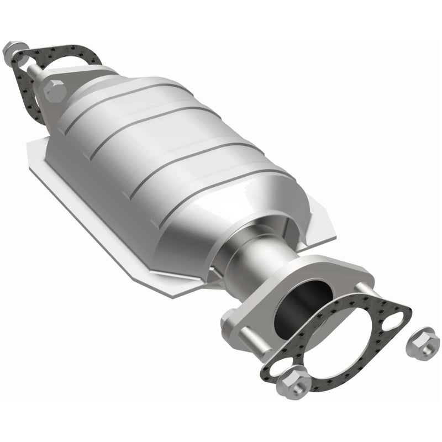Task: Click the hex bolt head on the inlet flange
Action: tap(55, 90)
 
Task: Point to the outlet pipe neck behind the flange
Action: tap(260, 260)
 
